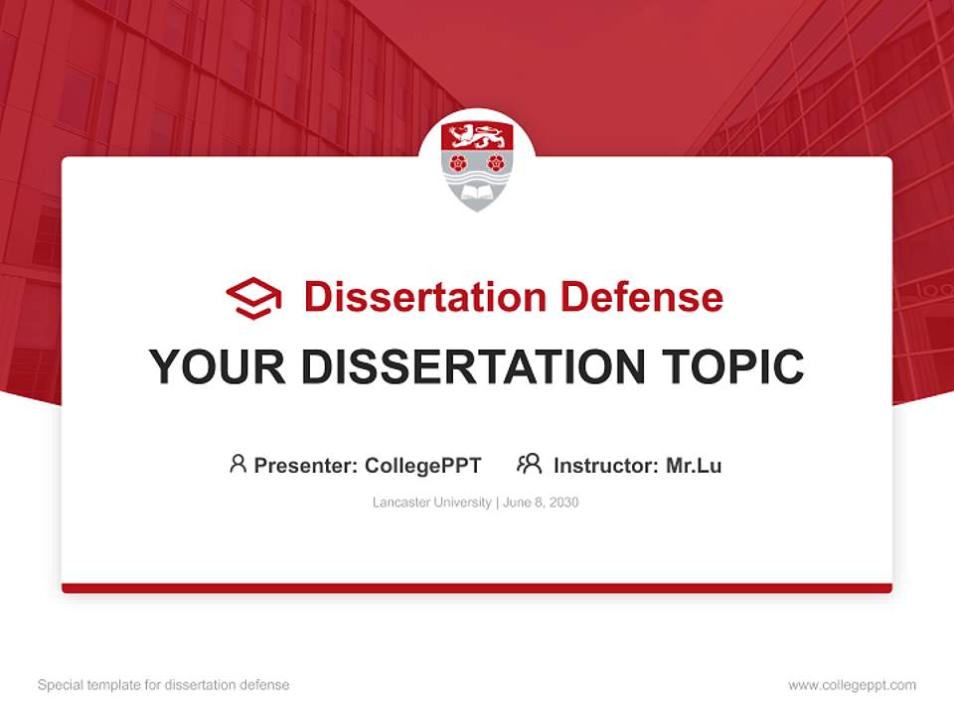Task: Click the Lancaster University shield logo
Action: click(x=477, y=164)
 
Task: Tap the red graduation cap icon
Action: click(x=253, y=298)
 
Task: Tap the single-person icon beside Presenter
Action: click(x=238, y=464)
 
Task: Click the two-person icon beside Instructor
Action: click(x=530, y=464)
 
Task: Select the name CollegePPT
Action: click(x=423, y=465)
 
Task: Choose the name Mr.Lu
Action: click(x=694, y=465)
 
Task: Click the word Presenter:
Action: click(x=306, y=465)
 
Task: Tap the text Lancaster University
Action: click(x=431, y=502)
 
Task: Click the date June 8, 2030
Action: click(x=541, y=502)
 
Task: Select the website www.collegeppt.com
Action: click(x=852, y=685)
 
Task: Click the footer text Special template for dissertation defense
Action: click(x=164, y=685)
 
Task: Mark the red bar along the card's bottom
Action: click(x=477, y=588)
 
